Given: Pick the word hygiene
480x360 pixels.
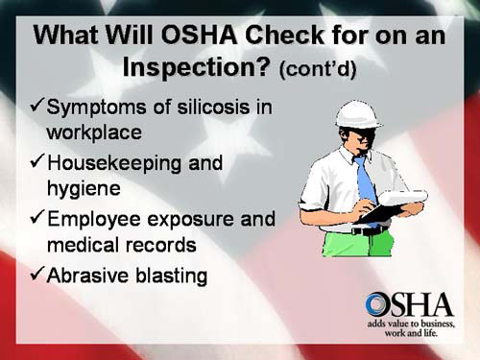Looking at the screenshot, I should pos(86,190).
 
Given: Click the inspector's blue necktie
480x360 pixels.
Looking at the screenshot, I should pos(366,182).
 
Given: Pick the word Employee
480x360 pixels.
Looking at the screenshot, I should pos(99,219).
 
